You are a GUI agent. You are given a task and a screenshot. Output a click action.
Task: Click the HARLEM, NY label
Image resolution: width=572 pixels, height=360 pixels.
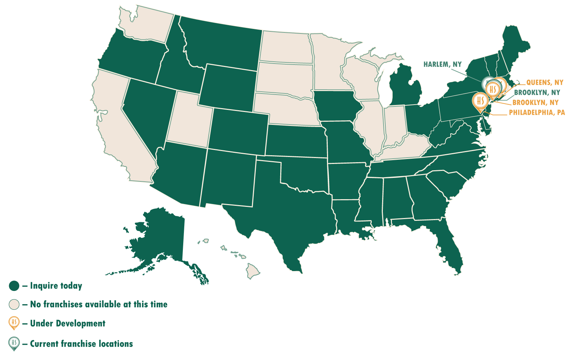pyautogui.click(x=442, y=64)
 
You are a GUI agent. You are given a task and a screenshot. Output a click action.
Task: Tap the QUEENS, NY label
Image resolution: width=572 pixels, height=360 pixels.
pyautogui.click(x=544, y=82)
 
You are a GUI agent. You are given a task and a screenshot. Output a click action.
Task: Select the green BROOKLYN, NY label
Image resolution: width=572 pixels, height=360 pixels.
pyautogui.click(x=537, y=92)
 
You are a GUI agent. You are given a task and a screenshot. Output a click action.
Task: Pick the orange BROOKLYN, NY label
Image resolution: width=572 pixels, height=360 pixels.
pyautogui.click(x=535, y=103)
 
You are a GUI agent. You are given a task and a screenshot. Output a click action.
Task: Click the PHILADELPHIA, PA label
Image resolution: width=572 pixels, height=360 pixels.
pyautogui.click(x=536, y=112)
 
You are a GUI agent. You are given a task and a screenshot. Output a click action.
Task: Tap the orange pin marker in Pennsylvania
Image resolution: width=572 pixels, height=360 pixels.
pyautogui.click(x=480, y=100)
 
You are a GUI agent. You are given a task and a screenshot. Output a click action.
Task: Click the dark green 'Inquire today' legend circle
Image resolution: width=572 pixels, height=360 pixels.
pyautogui.click(x=14, y=286)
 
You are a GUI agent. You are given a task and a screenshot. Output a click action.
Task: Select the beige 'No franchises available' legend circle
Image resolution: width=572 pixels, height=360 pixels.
pyautogui.click(x=14, y=304)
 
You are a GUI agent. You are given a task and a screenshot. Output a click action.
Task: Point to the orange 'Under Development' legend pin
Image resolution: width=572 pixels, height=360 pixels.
pyautogui.click(x=14, y=323)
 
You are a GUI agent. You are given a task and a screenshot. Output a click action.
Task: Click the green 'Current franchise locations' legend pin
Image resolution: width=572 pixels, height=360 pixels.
pyautogui.click(x=14, y=343)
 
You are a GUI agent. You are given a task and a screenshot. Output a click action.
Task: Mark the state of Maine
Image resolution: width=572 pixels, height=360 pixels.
pyautogui.click(x=515, y=45)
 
